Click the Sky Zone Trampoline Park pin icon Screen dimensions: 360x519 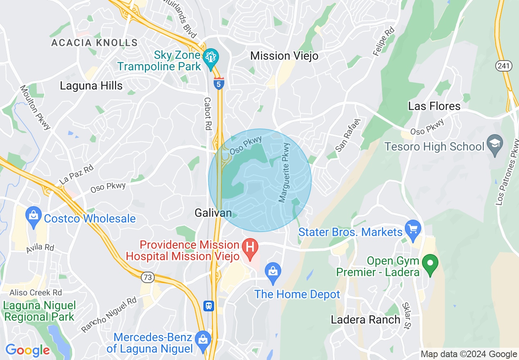coord(211,58)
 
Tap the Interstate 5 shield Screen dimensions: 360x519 coord(219,83)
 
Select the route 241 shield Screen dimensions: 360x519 coord(503,66)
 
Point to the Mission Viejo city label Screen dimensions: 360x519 coord(284,56)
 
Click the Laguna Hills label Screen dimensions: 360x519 coord(91,85)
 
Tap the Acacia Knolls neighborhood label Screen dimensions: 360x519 coord(94,43)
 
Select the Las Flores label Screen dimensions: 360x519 coord(434,106)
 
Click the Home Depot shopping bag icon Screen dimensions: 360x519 coord(272,271)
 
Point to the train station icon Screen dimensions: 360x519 coord(209,306)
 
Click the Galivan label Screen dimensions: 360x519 coord(213,213)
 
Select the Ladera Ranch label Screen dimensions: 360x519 coord(366,319)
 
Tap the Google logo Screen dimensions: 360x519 coord(27,351)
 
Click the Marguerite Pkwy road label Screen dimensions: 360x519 coord(284,172)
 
